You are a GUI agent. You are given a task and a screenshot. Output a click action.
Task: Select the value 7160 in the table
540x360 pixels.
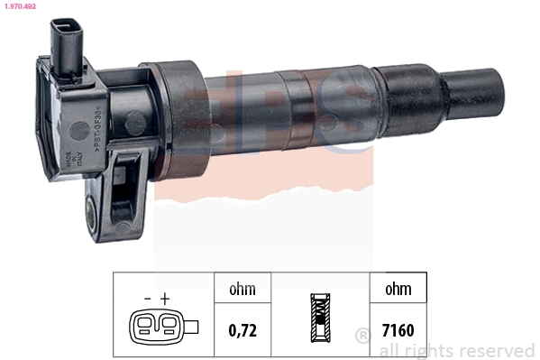[x=397, y=330]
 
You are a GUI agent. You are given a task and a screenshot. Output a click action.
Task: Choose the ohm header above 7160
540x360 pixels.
[x=397, y=290]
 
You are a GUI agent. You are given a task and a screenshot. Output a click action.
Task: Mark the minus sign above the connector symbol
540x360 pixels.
[x=147, y=297]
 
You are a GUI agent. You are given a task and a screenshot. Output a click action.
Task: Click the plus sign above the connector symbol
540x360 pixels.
[x=165, y=297]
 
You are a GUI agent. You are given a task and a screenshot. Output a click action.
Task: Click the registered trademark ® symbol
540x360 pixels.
[x=362, y=336]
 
